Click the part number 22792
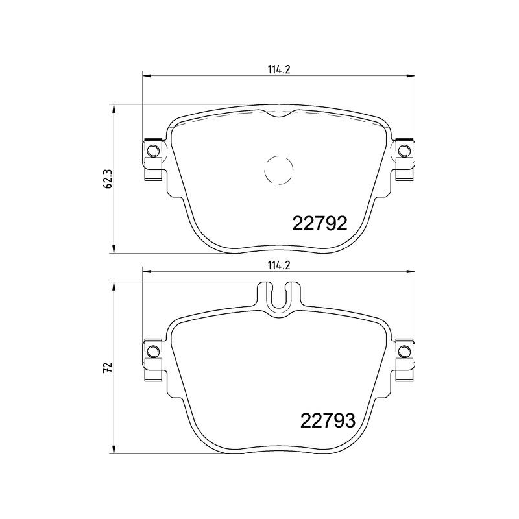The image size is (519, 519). (x=320, y=224)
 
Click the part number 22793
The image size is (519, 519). (x=327, y=422)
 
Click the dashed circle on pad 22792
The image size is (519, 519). (x=280, y=171)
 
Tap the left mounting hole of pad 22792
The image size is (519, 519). (x=153, y=152)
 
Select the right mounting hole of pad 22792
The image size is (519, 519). (x=404, y=152)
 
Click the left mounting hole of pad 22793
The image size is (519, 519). (x=153, y=351)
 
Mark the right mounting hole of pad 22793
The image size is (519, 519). (x=404, y=351)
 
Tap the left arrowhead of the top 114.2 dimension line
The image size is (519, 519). (x=146, y=77)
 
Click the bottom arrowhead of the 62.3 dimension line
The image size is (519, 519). (x=115, y=249)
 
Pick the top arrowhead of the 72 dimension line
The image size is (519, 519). (x=115, y=286)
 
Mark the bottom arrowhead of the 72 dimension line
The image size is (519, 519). (x=115, y=450)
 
